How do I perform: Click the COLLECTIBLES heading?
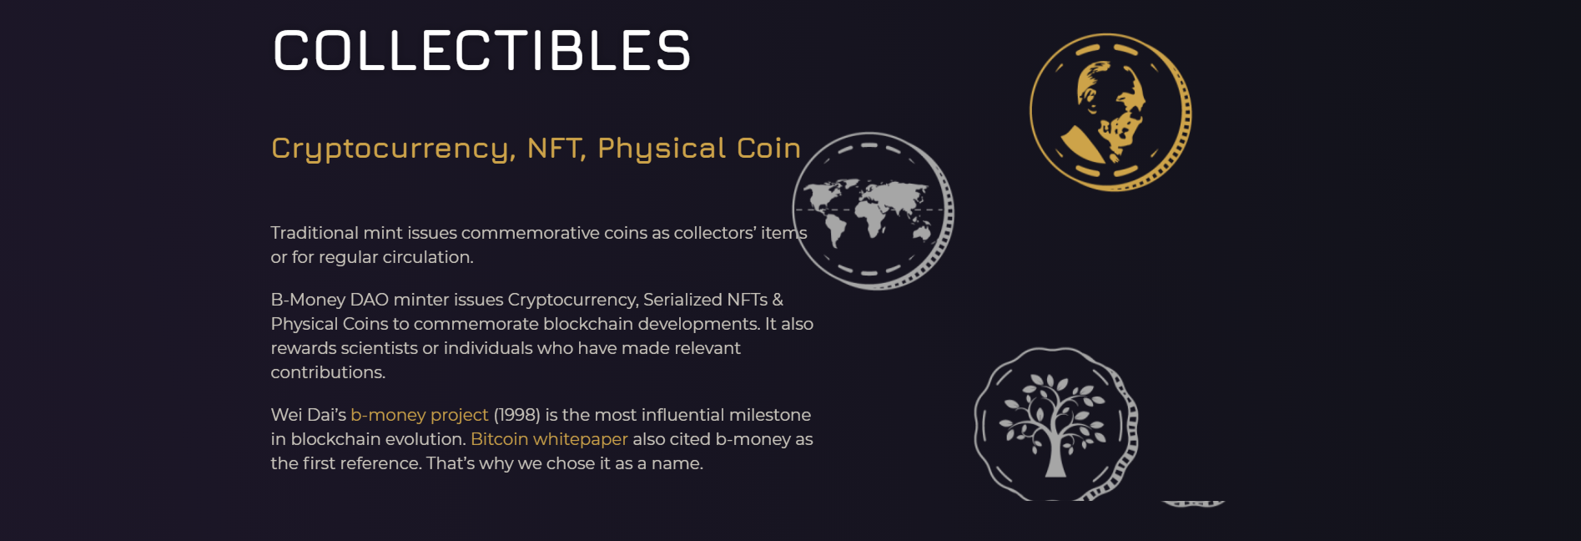click(x=481, y=51)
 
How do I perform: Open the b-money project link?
click(x=419, y=415)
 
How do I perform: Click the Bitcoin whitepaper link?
click(x=549, y=439)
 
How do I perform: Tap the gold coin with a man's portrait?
click(x=1110, y=112)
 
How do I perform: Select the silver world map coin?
click(x=873, y=210)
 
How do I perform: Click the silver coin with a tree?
click(x=1055, y=424)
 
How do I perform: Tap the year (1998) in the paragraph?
click(x=517, y=415)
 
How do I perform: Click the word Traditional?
click(x=315, y=233)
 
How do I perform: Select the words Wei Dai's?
click(x=308, y=415)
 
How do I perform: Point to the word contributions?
click(x=328, y=372)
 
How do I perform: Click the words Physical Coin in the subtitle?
click(x=699, y=149)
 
